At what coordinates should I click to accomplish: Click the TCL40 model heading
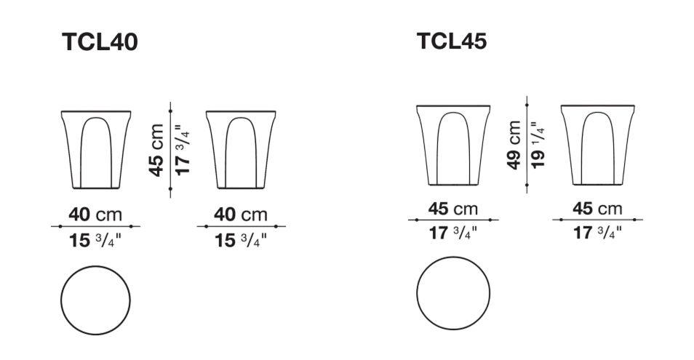pyautogui.click(x=100, y=42)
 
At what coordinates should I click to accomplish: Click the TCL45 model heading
pyautogui.click(x=452, y=41)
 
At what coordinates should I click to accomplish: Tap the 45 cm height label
pyautogui.click(x=156, y=151)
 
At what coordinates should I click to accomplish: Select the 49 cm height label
pyautogui.click(x=514, y=145)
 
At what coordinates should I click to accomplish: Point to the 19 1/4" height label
pyautogui.click(x=538, y=145)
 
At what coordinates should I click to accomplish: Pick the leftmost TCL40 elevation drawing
pyautogui.click(x=96, y=150)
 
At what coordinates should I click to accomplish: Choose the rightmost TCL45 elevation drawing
pyautogui.click(x=597, y=145)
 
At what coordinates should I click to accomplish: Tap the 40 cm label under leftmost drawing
pyautogui.click(x=95, y=215)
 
